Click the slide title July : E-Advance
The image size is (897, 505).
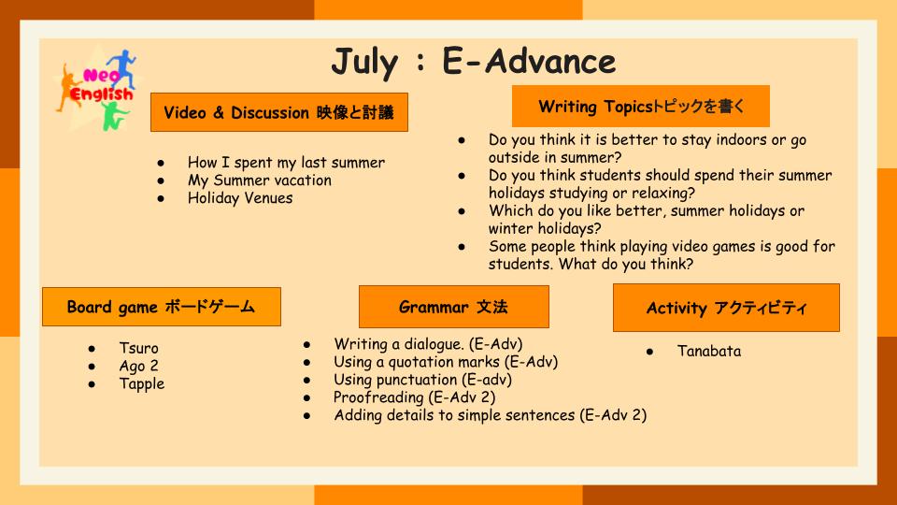(x=474, y=62)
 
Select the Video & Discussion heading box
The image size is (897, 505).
(x=279, y=112)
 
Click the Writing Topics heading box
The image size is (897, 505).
(x=641, y=107)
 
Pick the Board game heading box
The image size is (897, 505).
(x=162, y=307)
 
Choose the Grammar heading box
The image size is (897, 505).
(x=454, y=307)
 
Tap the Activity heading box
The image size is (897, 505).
(x=727, y=308)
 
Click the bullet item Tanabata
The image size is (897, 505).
(x=709, y=351)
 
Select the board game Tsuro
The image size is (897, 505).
(x=138, y=348)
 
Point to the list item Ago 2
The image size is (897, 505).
(x=138, y=366)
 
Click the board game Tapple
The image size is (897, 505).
(x=142, y=383)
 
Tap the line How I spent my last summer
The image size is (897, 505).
(x=286, y=163)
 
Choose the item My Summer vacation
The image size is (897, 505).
(x=260, y=180)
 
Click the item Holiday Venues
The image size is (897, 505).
(x=240, y=198)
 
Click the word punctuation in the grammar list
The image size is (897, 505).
(x=420, y=380)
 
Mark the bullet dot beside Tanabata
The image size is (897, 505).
(x=650, y=352)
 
